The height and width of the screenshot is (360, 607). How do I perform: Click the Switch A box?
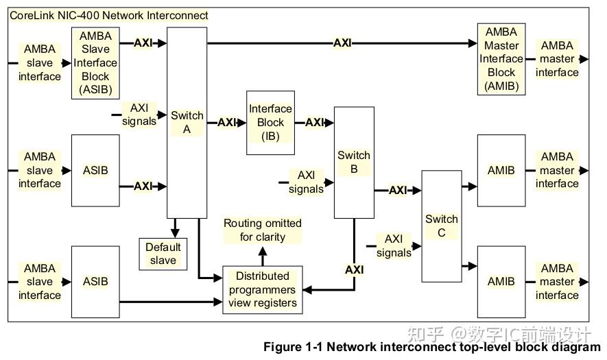click(187, 122)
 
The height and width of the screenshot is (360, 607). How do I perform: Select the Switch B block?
click(354, 162)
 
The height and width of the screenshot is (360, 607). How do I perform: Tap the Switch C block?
click(441, 226)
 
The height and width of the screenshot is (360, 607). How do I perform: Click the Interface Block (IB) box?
click(270, 122)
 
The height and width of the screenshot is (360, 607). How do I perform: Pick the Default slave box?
click(163, 254)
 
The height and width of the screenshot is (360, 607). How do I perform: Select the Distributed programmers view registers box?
click(262, 289)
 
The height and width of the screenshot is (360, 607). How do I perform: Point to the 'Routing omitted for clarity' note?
click(262, 230)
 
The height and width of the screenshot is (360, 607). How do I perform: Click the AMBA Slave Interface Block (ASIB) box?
click(95, 62)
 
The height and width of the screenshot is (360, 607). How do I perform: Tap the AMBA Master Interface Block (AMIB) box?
click(501, 59)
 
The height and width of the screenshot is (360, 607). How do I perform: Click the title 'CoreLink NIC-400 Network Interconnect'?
click(109, 15)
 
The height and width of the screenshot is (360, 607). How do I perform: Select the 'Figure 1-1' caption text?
click(431, 347)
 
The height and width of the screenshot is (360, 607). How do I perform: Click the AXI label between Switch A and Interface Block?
click(226, 123)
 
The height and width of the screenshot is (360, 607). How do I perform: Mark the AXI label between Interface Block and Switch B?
click(314, 123)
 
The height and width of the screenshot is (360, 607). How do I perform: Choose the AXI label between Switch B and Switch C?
click(397, 190)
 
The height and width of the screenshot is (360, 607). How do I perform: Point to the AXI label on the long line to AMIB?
click(342, 43)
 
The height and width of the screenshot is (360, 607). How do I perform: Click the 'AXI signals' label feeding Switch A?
click(139, 115)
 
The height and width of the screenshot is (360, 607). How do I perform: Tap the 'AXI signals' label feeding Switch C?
click(394, 245)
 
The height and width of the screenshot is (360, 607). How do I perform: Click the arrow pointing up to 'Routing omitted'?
click(262, 255)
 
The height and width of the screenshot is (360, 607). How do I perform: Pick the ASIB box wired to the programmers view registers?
click(95, 281)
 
